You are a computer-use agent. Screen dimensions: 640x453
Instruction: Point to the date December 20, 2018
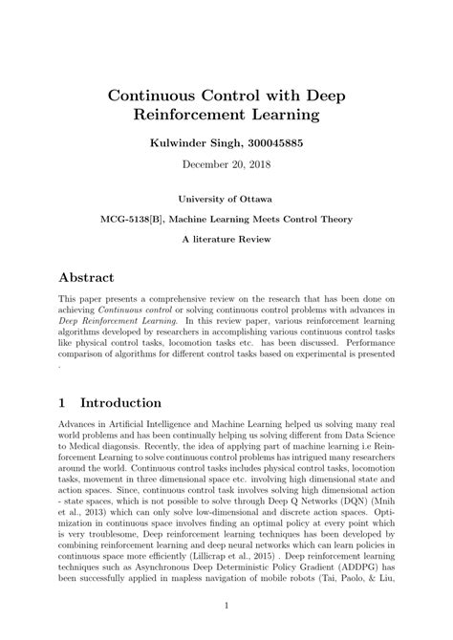(x=226, y=166)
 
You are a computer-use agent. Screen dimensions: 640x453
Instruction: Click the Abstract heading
(x=87, y=277)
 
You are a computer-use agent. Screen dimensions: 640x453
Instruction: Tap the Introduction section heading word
(x=120, y=403)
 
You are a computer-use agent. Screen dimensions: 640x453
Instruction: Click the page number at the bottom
(x=226, y=606)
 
